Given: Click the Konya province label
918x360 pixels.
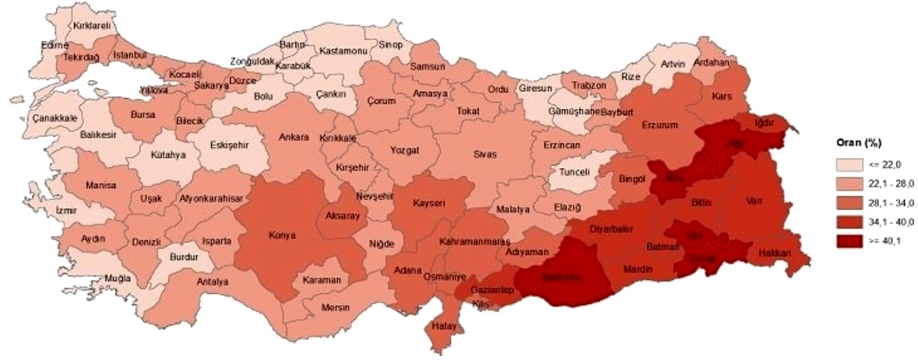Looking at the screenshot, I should tap(282, 235).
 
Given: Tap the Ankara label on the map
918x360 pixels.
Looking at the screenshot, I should tap(294, 137).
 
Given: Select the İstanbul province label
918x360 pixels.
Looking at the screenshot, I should tap(130, 55).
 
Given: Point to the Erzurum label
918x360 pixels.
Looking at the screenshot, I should tap(659, 125).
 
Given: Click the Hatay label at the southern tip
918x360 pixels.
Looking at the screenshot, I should tap(444, 326).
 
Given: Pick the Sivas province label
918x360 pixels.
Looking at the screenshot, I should tap(485, 154).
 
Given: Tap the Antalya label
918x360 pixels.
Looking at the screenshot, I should tap(212, 282).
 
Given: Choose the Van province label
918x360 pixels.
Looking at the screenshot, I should tap(754, 201).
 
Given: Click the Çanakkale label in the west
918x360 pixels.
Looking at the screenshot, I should tap(54, 118).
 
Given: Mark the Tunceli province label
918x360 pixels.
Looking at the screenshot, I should tap(574, 172).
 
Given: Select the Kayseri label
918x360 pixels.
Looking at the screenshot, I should tap(429, 203).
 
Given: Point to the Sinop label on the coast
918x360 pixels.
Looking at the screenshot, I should tap(390, 45).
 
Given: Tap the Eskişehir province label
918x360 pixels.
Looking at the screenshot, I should tap(229, 145).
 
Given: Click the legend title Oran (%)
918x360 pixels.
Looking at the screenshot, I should tap(858, 143).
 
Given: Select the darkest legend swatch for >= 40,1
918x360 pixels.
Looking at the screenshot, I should tap(849, 241).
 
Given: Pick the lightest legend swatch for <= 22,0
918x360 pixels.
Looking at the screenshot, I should tap(849, 164).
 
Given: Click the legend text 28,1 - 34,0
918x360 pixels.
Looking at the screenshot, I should tap(891, 203).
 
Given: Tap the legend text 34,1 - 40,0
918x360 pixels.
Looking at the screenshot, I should tap(891, 222).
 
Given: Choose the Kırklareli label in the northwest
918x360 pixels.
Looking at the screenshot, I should tap(92, 25).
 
